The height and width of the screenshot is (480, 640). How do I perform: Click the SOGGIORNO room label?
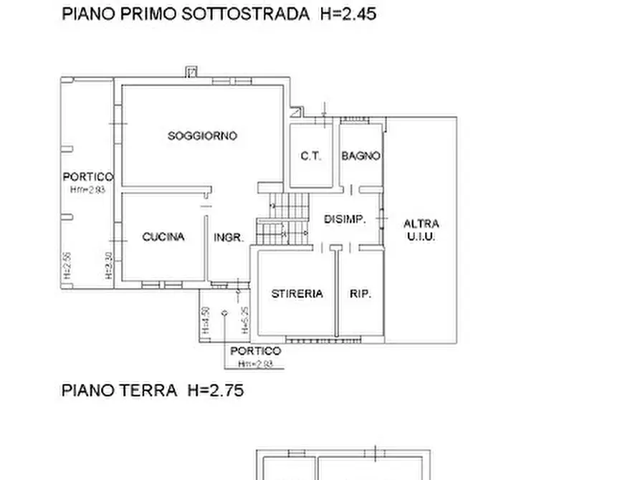[202, 135]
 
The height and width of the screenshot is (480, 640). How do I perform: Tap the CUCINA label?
[163, 236]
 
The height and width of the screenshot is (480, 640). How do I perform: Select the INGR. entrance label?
[229, 237]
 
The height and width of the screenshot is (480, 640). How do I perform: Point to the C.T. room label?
[310, 155]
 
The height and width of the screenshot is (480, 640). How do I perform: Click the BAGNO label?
[360, 155]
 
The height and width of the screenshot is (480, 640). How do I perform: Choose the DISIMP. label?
[345, 219]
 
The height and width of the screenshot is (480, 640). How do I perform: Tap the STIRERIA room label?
[297, 293]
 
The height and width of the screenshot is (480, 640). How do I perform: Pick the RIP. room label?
[360, 293]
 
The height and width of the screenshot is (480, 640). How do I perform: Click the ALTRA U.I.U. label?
[421, 229]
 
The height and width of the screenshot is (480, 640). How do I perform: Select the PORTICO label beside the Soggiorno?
[87, 176]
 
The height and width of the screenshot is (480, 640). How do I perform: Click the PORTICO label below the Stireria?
[256, 351]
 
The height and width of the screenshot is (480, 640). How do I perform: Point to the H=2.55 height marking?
[66, 264]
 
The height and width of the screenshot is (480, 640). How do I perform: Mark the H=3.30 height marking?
[108, 264]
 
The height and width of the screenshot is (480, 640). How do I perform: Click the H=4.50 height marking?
[206, 320]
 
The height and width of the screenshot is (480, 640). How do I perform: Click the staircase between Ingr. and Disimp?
[282, 219]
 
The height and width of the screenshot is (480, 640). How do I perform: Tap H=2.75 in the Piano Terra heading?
[216, 390]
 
